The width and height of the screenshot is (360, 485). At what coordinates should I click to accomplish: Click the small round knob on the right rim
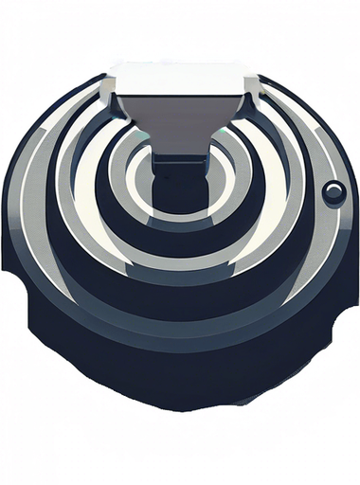[333, 193]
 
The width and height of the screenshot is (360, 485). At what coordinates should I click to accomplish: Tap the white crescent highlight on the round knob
[330, 189]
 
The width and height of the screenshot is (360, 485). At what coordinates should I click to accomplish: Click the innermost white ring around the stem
[142, 189]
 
